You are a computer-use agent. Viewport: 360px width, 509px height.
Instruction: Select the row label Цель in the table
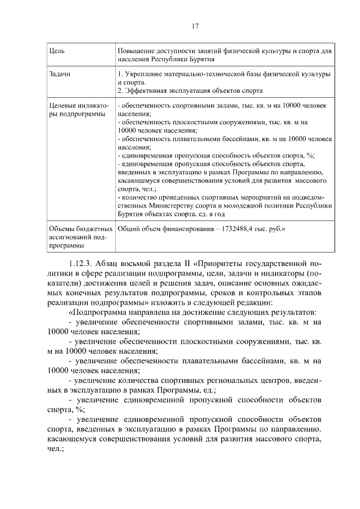[x=57, y=52]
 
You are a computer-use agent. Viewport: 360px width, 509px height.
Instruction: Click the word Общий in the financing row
[x=129, y=231]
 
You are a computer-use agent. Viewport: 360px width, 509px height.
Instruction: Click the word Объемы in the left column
[x=63, y=231]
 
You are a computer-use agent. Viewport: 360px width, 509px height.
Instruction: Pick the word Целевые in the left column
[x=65, y=106]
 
